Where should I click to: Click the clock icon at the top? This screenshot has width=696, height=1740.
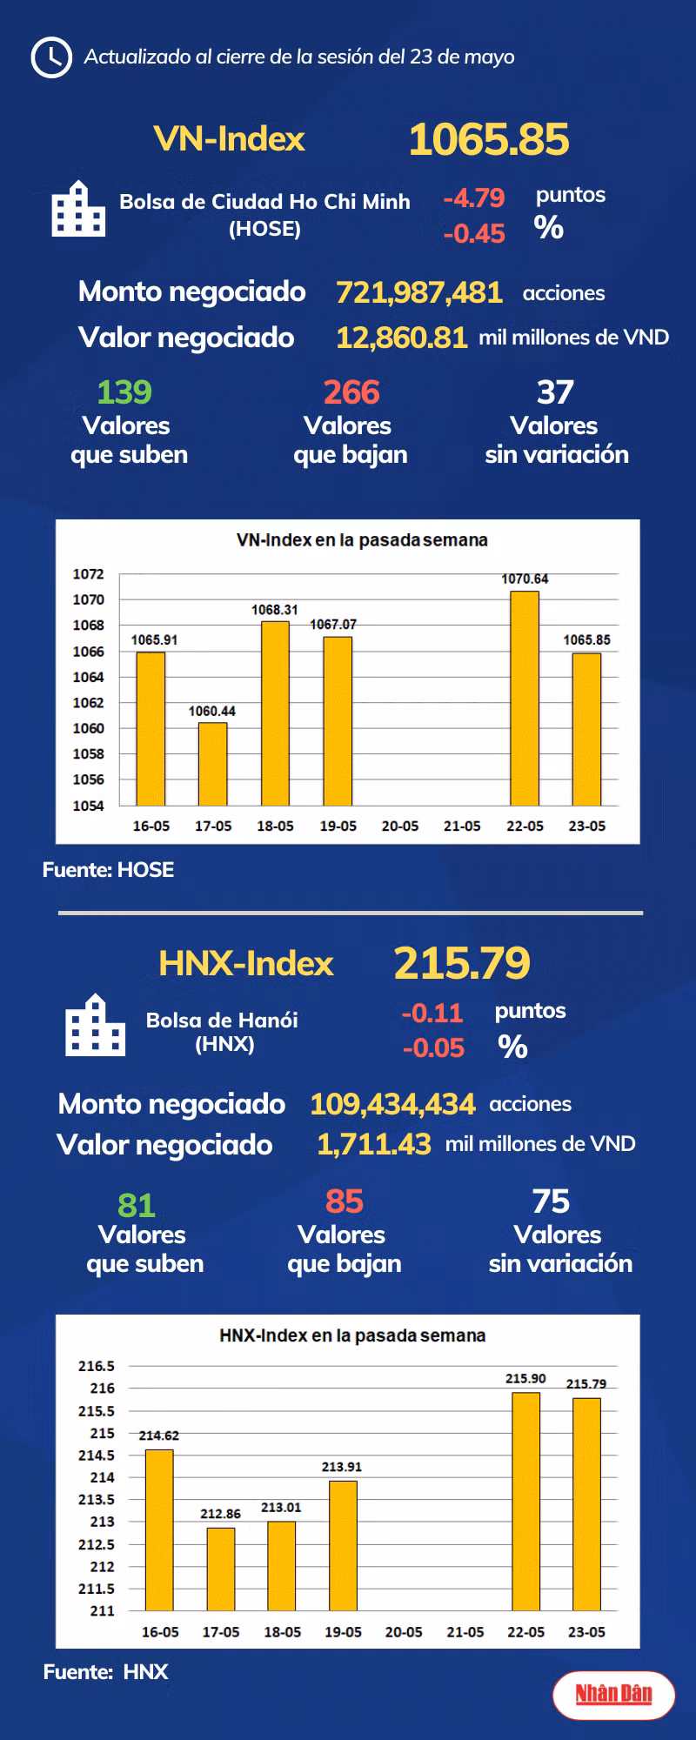(x=50, y=57)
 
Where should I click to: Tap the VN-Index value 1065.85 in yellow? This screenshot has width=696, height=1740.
(x=489, y=139)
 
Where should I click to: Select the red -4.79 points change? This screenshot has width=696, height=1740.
(x=474, y=198)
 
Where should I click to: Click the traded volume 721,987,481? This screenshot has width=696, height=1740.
(x=418, y=292)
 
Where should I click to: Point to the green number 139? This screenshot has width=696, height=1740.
(x=124, y=392)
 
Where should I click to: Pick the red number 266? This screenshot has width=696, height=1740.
(x=351, y=392)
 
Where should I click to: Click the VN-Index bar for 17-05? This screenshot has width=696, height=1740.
(x=213, y=764)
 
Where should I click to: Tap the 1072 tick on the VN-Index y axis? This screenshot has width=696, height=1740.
(x=88, y=574)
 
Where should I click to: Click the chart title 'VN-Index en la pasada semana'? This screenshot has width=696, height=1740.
(x=362, y=540)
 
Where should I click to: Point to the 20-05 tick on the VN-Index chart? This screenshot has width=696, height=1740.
(x=400, y=826)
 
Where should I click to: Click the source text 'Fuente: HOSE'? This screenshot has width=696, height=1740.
(x=108, y=870)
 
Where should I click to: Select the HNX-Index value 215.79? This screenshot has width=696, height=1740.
(x=462, y=963)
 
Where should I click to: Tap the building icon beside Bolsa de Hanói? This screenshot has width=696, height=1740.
(x=96, y=1026)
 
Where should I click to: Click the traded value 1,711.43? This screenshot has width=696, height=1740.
(x=373, y=1144)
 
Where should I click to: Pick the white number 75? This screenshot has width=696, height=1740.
(x=552, y=1201)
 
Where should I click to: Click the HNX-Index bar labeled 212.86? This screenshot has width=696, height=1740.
(x=221, y=1569)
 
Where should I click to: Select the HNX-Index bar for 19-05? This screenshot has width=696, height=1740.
(x=343, y=1545)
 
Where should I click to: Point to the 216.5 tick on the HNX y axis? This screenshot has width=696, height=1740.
(x=97, y=1366)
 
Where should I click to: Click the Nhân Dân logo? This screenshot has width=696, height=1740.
(x=613, y=1694)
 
